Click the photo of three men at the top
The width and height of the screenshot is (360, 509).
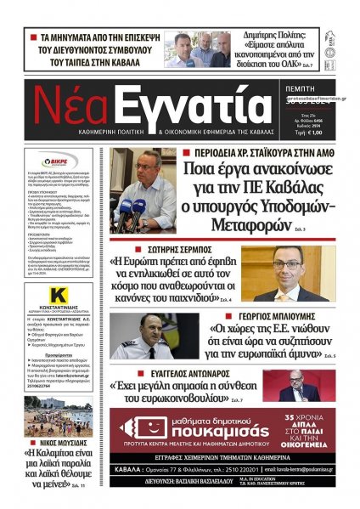[197, 49]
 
